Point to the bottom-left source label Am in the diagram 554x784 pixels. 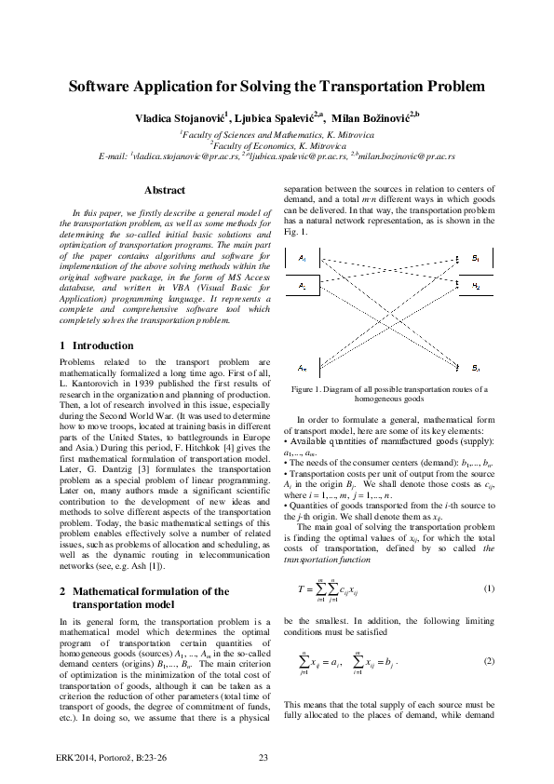point(304,367)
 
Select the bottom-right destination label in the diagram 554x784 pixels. point(475,368)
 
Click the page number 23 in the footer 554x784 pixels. point(263,755)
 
